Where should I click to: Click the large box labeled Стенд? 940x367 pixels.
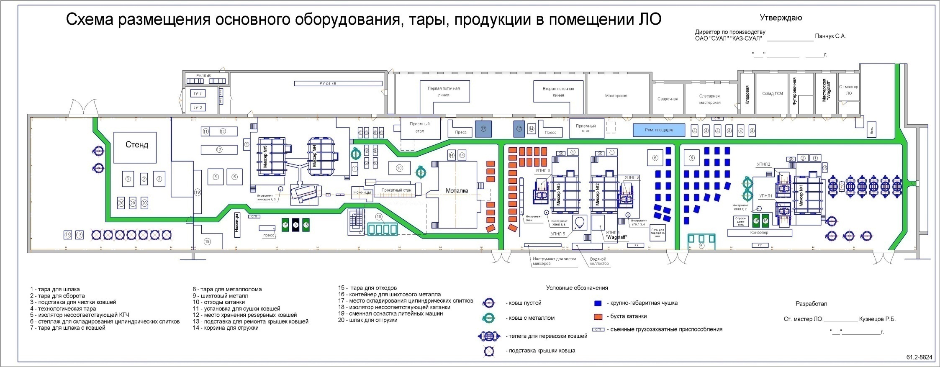click(x=135, y=147)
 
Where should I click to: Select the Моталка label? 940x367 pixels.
click(x=457, y=191)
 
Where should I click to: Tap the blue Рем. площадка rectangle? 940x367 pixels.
click(x=658, y=130)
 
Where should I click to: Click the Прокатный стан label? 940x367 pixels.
click(x=396, y=190)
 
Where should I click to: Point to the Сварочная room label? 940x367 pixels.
click(x=668, y=99)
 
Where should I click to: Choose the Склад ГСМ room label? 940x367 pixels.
click(x=772, y=94)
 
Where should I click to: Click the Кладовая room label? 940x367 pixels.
click(x=747, y=95)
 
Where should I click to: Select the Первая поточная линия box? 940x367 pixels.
click(x=444, y=92)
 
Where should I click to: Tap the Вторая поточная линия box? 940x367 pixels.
click(x=558, y=92)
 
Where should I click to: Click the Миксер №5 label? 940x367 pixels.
click(x=265, y=157)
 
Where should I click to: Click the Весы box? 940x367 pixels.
click(x=872, y=129)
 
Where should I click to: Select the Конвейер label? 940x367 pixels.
click(x=759, y=233)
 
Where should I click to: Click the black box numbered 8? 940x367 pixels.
click(x=295, y=225)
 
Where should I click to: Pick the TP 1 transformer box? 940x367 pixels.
click(x=197, y=94)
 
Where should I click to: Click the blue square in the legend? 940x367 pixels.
click(x=598, y=303)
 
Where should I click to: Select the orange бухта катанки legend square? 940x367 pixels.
click(x=598, y=316)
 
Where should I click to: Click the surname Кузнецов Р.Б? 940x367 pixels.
click(x=877, y=319)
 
